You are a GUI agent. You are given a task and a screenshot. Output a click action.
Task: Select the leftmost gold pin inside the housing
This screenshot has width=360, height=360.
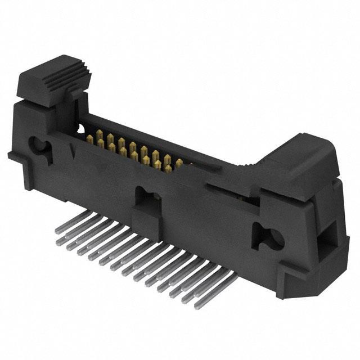click(x=89, y=138)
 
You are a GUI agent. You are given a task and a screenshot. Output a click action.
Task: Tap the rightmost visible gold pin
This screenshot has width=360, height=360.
click(x=179, y=164)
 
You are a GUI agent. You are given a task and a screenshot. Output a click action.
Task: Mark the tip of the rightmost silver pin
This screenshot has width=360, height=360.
click(x=197, y=307)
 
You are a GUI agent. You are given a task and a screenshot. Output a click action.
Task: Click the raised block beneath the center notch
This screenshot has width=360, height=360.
click(x=145, y=217)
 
